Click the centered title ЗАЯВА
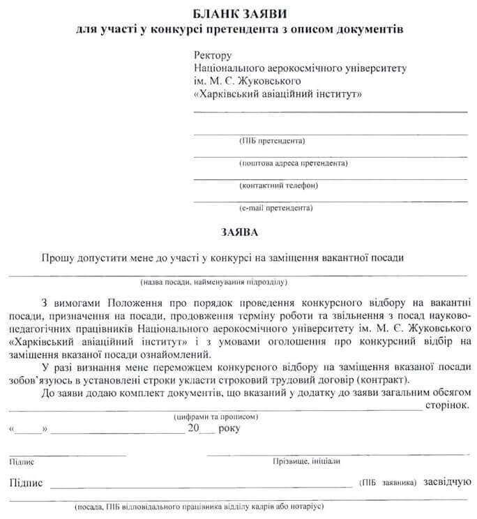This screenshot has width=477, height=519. coord(238,231)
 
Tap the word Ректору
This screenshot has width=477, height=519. coord(212,55)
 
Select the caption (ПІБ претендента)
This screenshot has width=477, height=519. coord(272,141)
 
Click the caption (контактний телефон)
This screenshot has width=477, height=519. coord(278,186)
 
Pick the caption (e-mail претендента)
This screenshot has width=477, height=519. coord(275,208)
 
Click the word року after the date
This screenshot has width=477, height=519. coord(228,428)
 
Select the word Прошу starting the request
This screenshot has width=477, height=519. coord(57,257)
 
